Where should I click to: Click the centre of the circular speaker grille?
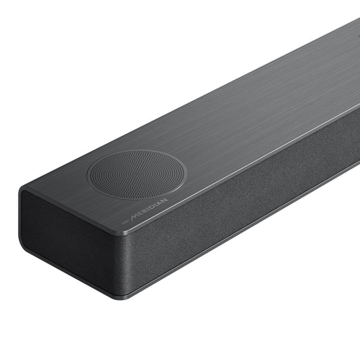click(x=136, y=174)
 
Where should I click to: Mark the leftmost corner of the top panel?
click(x=22, y=192)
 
